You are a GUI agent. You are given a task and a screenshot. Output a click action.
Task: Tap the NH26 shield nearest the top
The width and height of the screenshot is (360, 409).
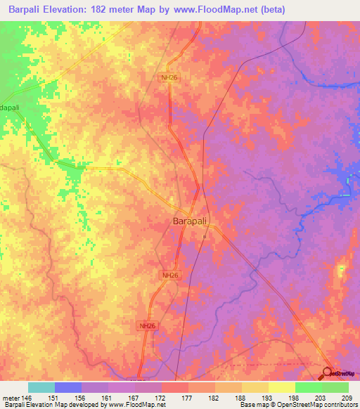click(x=168, y=79)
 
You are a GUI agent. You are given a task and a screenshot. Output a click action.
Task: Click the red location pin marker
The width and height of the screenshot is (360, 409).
click(x=328, y=374)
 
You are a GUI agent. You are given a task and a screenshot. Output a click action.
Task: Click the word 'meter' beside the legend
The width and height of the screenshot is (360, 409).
click(x=11, y=397)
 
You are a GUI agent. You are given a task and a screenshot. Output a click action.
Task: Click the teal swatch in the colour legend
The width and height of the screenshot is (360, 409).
click(x=41, y=387)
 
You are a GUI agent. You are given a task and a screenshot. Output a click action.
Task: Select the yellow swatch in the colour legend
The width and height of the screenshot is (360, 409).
click(x=281, y=387)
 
